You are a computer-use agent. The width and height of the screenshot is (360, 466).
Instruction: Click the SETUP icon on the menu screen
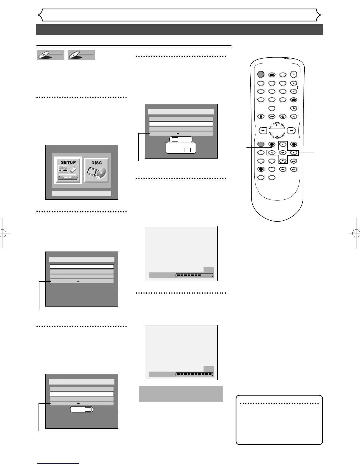pos(68,171)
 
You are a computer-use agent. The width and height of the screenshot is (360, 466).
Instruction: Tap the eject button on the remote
pos(294,74)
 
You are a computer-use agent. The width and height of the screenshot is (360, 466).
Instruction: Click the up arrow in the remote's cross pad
pos(283,144)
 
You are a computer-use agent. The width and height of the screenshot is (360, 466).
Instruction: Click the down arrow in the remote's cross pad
pos(283,161)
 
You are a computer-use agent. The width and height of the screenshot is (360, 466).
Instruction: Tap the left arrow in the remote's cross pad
pos(271,153)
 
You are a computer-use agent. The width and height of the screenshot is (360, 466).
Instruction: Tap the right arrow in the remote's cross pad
pos(294,153)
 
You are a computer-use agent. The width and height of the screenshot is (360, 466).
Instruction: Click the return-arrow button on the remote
pos(294,161)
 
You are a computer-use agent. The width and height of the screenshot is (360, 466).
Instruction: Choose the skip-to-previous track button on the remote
pos(283,169)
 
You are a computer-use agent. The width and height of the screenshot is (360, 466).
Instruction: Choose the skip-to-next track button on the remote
pos(294,169)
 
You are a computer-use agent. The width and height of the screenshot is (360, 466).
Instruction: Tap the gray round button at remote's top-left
pos(261,74)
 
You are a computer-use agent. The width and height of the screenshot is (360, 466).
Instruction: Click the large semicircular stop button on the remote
pos(277,135)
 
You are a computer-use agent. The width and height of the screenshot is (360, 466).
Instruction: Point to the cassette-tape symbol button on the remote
pos(272,116)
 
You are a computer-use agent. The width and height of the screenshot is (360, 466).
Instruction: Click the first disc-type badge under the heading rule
pos(51,55)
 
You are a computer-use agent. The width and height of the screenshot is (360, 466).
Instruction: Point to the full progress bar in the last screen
pos(194,374)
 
